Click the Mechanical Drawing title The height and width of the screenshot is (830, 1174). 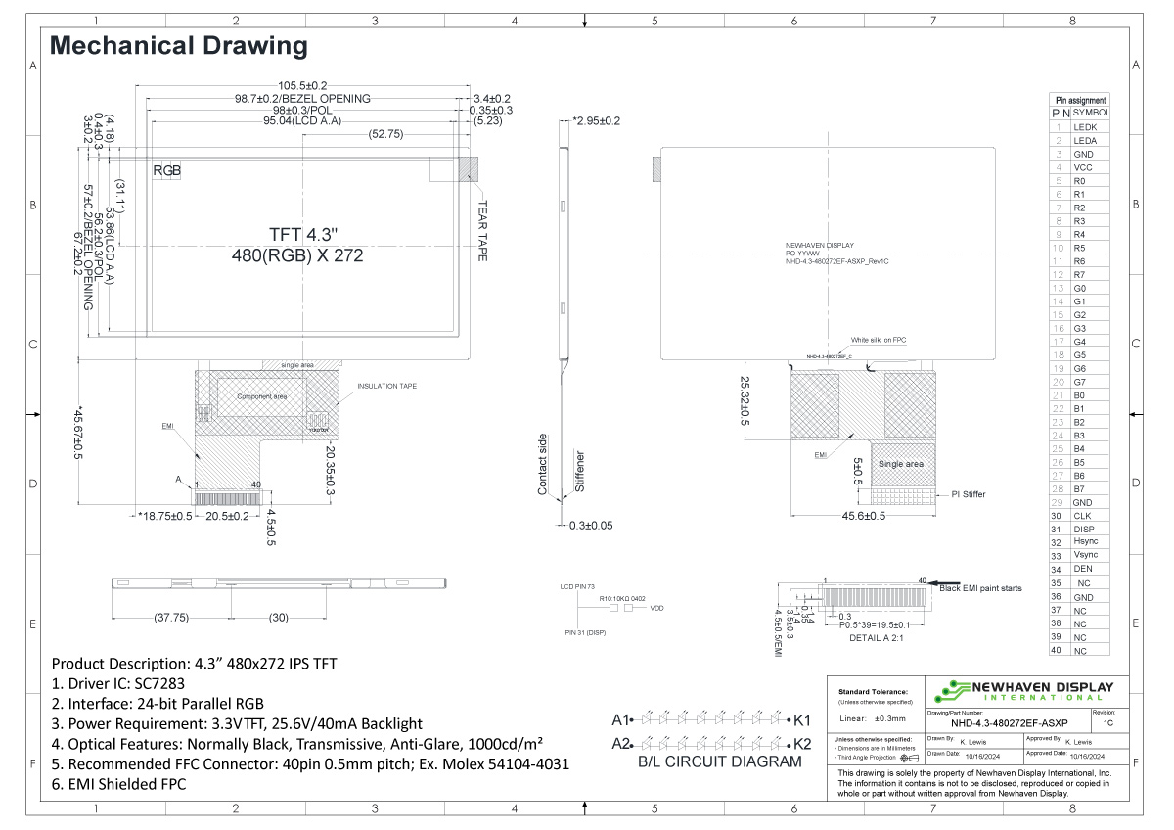tap(178, 45)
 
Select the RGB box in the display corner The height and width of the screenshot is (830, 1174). tap(167, 170)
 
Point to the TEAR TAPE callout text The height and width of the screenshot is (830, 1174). tap(482, 231)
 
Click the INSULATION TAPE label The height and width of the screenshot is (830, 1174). tap(387, 387)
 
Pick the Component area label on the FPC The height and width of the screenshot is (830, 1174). tap(261, 396)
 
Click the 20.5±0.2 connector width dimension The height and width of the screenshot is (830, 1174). tap(226, 516)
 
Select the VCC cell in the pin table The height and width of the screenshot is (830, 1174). tap(1084, 167)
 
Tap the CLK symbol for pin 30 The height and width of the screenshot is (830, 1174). tap(1083, 515)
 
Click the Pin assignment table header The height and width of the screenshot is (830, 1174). tap(1080, 100)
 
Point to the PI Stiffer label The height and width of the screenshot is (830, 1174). tap(969, 494)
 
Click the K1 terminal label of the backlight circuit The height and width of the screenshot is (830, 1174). tap(803, 719)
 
